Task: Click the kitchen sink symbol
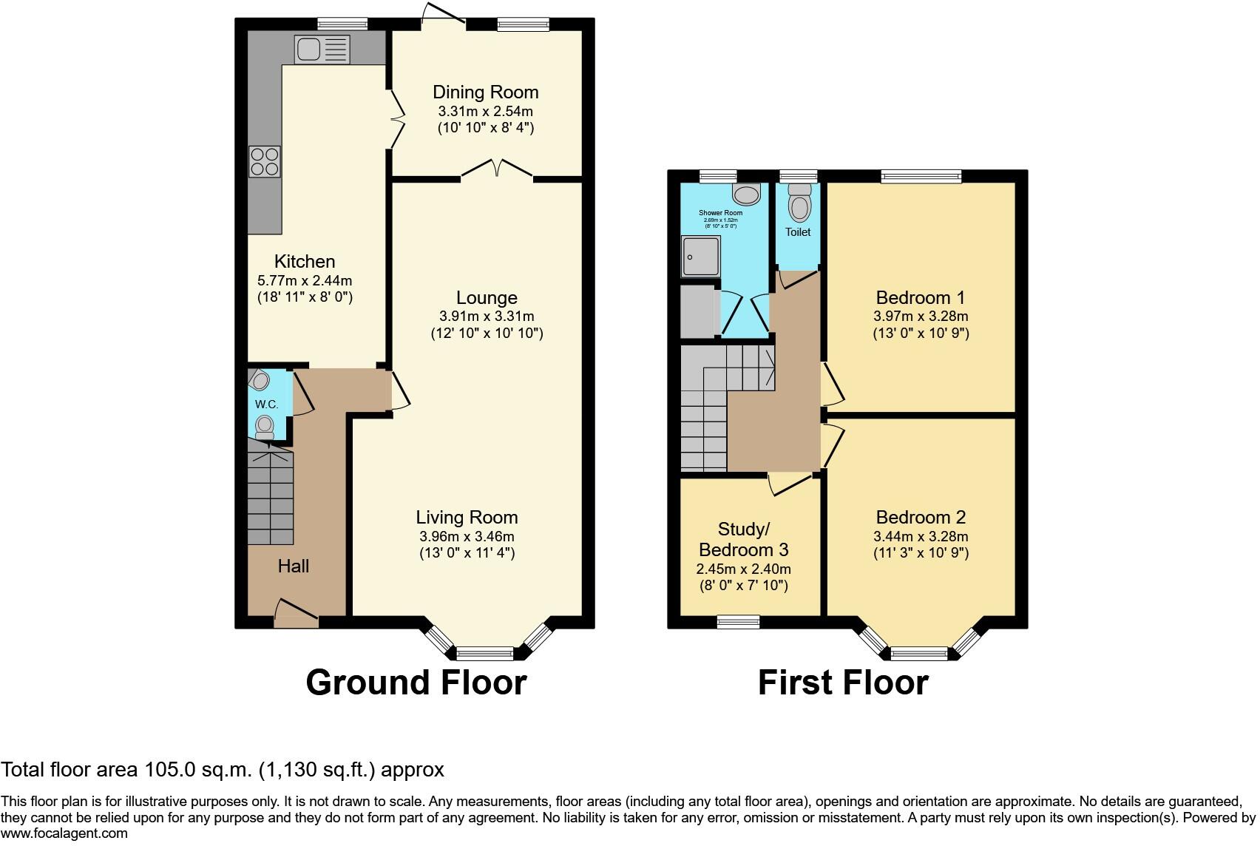(x=322, y=50)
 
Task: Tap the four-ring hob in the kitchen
(x=265, y=162)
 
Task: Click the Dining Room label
(x=485, y=92)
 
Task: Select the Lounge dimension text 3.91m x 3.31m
(x=487, y=316)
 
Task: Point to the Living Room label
(x=467, y=518)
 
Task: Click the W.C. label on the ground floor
(x=266, y=405)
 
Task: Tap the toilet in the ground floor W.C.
(x=264, y=427)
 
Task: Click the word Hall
(x=294, y=566)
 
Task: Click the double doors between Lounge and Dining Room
(x=497, y=169)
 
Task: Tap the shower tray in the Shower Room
(x=700, y=257)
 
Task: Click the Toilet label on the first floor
(x=798, y=232)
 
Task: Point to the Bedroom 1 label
(x=920, y=298)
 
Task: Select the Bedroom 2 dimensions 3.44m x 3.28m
(x=921, y=537)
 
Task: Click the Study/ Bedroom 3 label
(x=743, y=540)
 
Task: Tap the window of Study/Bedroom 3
(x=739, y=622)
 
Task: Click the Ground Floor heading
(x=416, y=683)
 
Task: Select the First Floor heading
(x=843, y=683)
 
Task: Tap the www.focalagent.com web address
(x=64, y=833)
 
